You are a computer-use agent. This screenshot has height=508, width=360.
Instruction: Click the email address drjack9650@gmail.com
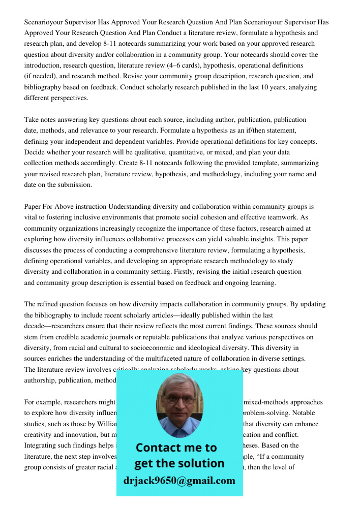click(179, 481)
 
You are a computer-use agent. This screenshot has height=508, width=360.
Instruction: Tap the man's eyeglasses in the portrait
click(179, 400)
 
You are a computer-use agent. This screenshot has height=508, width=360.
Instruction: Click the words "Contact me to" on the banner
click(176, 448)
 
